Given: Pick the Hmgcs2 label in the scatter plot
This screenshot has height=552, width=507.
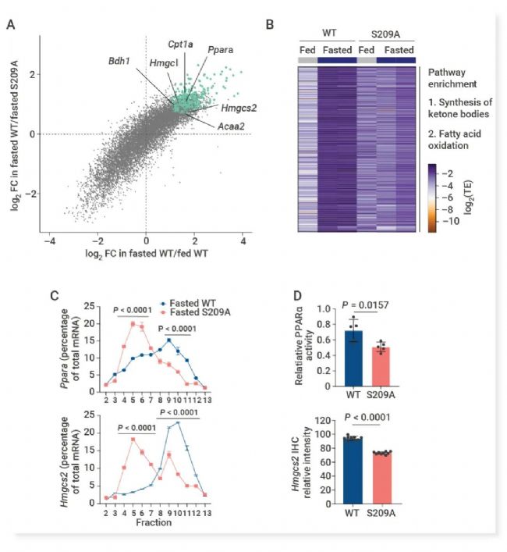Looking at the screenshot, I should [239, 110].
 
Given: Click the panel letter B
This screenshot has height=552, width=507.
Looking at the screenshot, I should [269, 25].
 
